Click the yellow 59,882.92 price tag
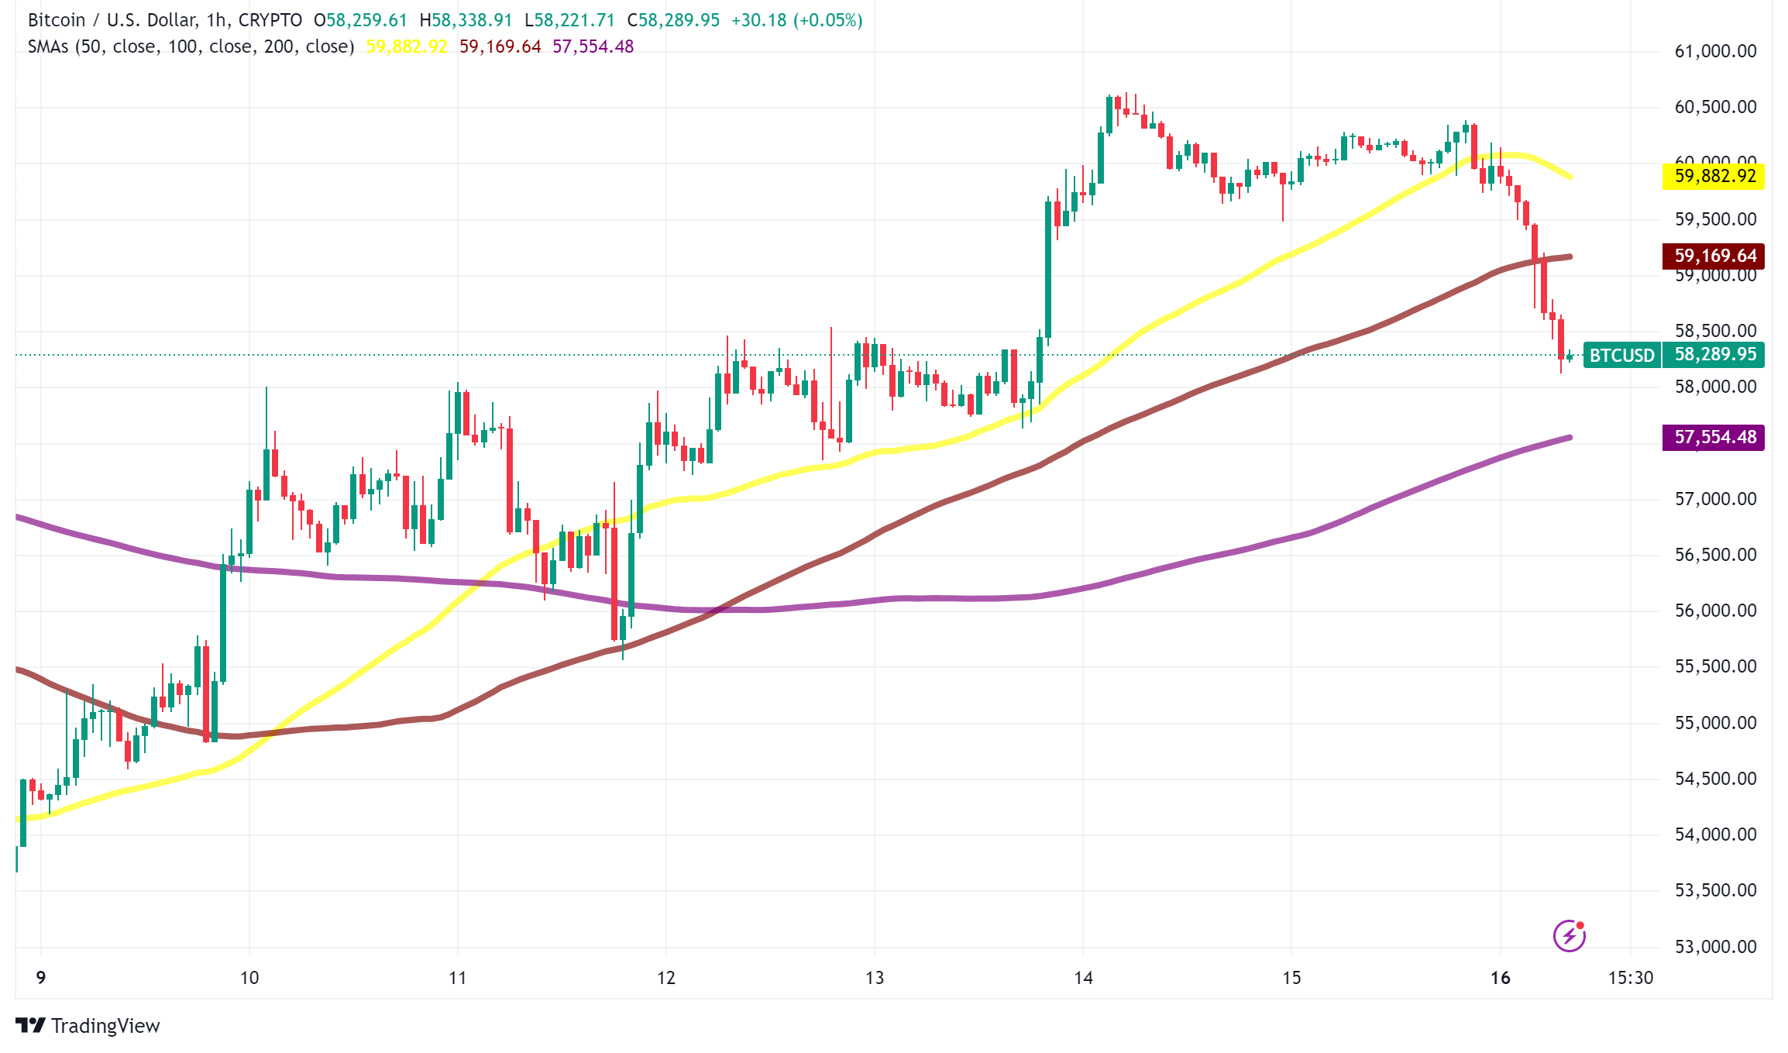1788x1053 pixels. coord(1713,177)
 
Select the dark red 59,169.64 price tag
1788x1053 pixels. coord(1713,256)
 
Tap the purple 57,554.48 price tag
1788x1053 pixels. coord(1713,437)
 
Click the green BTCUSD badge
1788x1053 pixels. coord(1621,356)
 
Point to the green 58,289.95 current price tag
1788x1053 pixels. coord(1714,355)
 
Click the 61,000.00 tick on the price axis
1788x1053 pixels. coord(1715,52)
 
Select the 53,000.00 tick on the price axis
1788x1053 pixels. coord(1715,947)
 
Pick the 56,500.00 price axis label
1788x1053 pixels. coord(1715,555)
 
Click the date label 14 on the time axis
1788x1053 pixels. coord(1083,978)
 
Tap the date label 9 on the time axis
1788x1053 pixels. coord(41,978)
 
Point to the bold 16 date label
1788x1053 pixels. coord(1501,978)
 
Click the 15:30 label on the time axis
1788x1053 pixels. coord(1631,978)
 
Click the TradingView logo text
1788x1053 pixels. coord(105,1026)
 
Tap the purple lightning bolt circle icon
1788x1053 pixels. coord(1570,935)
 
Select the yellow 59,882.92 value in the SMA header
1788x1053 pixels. coord(407,46)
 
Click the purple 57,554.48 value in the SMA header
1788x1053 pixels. coord(593,46)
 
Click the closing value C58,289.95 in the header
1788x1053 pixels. coord(673,20)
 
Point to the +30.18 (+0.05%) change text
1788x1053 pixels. coord(796,20)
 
